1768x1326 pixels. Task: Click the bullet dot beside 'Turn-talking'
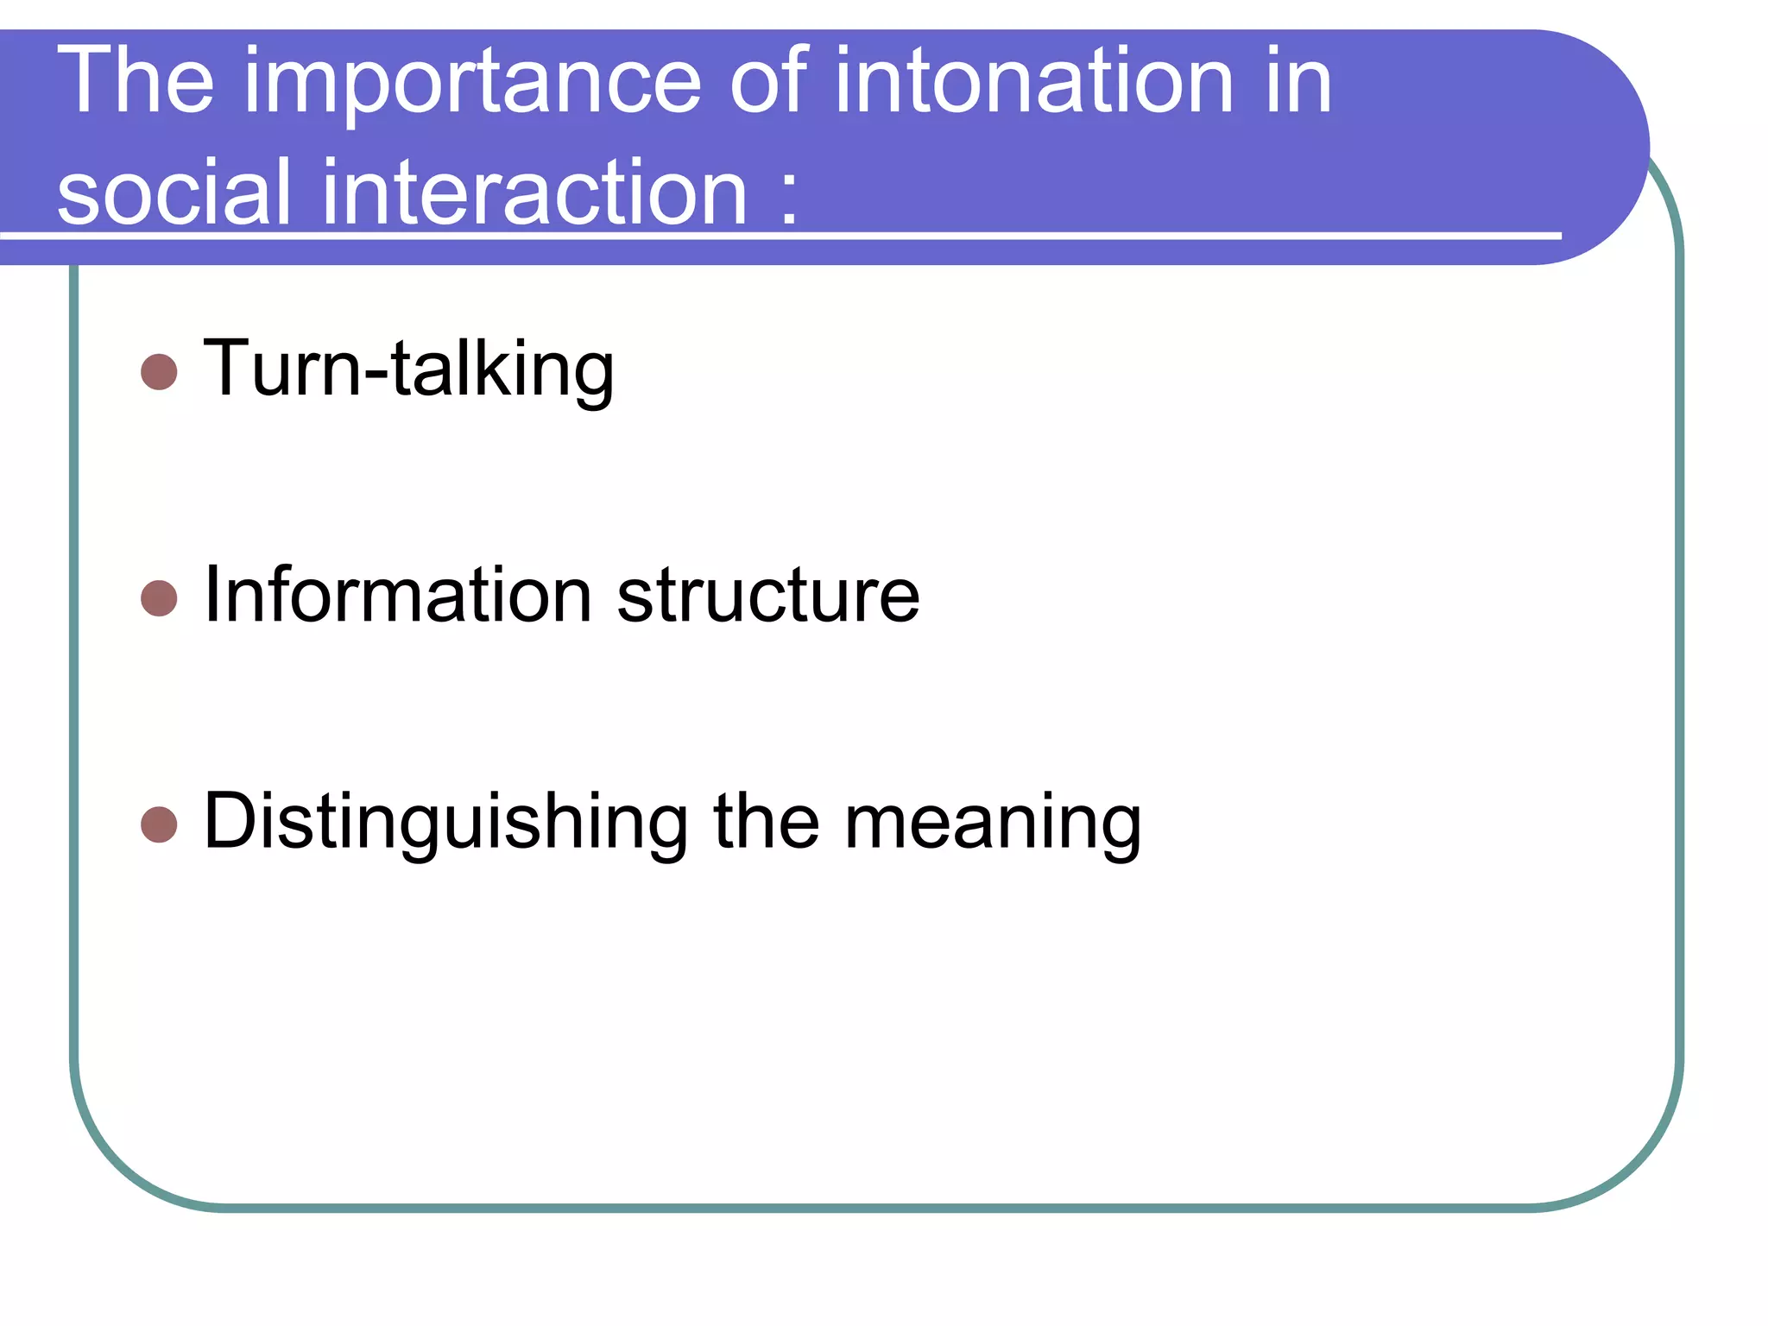159,372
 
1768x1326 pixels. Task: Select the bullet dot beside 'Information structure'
159,598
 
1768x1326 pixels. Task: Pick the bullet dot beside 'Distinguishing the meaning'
159,824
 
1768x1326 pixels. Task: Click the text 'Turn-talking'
408,369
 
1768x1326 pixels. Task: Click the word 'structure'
768,596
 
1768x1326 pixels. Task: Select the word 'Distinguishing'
445,822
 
